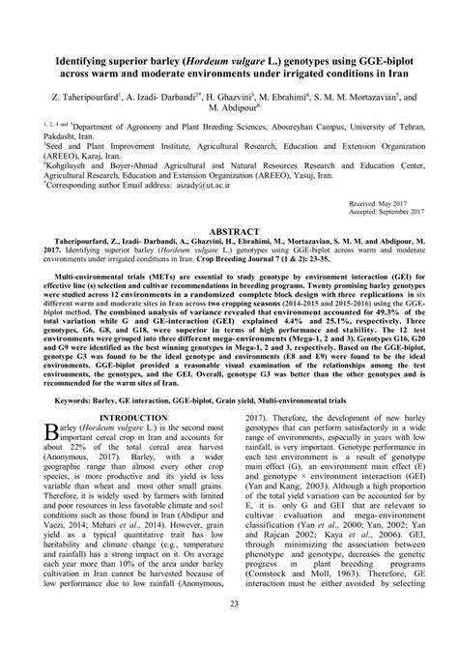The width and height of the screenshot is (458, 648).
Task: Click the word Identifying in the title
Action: pyautogui.click(x=67, y=59)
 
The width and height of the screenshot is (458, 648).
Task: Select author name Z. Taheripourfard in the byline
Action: pyautogui.click(x=78, y=99)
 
